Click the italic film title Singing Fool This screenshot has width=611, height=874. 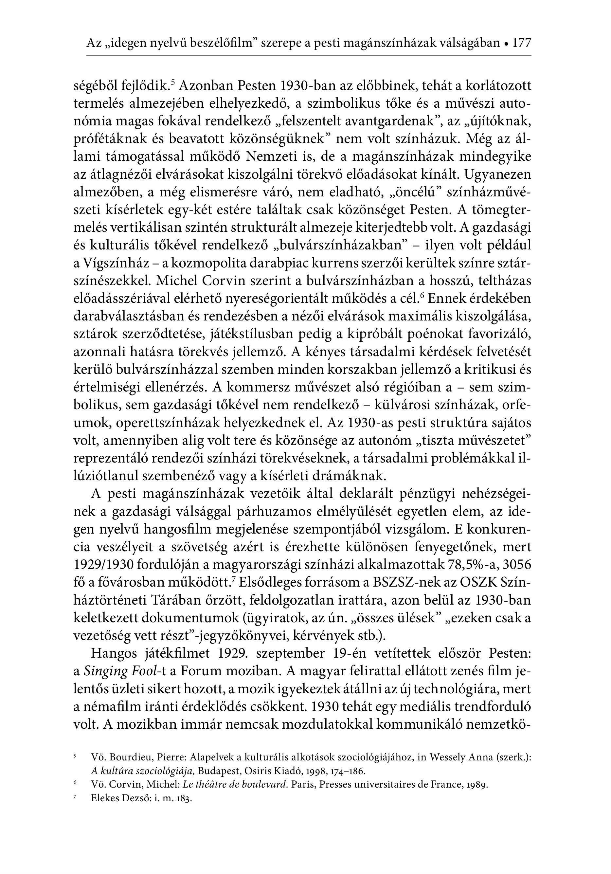pyautogui.click(x=119, y=671)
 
